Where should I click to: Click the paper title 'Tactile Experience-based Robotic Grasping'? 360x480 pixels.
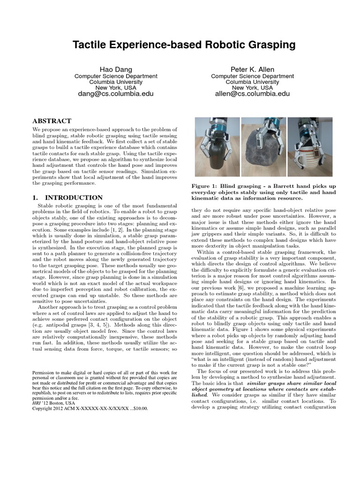pos(184,45)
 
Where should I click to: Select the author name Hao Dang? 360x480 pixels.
pos(116,69)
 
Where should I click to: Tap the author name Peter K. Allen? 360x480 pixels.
pos(252,69)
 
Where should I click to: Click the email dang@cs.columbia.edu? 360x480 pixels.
pos(116,94)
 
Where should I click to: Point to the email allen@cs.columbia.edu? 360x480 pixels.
pos(252,94)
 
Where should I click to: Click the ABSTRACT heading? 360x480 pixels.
pos(52,120)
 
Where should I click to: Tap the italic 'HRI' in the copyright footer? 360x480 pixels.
pos(36,403)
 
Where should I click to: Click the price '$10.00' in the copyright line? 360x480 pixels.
pos(138,408)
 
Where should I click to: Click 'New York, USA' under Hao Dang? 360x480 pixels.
pos(116,88)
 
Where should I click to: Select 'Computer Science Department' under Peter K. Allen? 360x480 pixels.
pos(252,76)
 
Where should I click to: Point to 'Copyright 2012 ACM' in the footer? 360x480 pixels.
pos(52,408)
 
